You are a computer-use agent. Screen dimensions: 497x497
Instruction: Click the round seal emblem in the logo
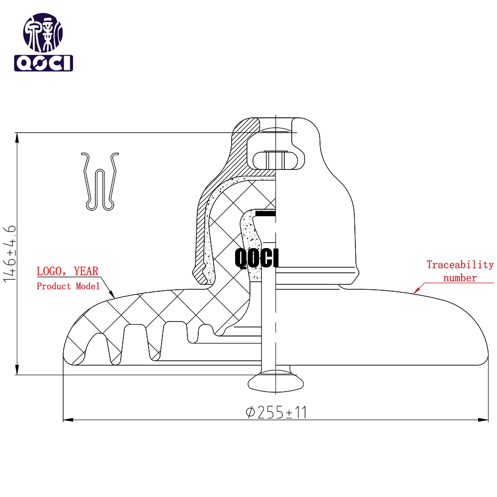[x=43, y=33]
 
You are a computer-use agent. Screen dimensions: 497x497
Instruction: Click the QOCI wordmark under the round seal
[x=43, y=63]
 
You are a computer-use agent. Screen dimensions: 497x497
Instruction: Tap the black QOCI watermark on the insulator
[x=257, y=258]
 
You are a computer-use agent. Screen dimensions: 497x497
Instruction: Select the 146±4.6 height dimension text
[x=9, y=253]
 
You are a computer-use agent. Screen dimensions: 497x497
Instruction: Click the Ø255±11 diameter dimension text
[x=276, y=412]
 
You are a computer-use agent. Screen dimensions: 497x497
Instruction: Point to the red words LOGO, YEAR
[x=68, y=271]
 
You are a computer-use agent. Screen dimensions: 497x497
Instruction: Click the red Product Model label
[x=68, y=286]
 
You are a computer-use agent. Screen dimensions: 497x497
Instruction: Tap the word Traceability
[x=460, y=265]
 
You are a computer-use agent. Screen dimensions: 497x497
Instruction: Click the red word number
[x=460, y=278]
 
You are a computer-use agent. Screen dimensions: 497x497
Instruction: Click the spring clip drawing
[x=100, y=181]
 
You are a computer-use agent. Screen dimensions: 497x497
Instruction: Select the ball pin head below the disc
[x=275, y=383]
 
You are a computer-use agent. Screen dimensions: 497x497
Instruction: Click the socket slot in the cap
[x=278, y=161]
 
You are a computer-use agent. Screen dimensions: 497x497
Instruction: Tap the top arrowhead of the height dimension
[x=17, y=138]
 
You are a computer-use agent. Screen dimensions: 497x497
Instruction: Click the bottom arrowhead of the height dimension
[x=17, y=370]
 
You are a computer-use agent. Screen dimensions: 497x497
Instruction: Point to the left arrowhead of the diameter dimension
[x=68, y=420]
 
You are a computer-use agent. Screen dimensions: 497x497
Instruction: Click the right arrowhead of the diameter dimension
[x=484, y=420]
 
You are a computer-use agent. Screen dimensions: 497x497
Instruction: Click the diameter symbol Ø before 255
[x=250, y=413]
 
